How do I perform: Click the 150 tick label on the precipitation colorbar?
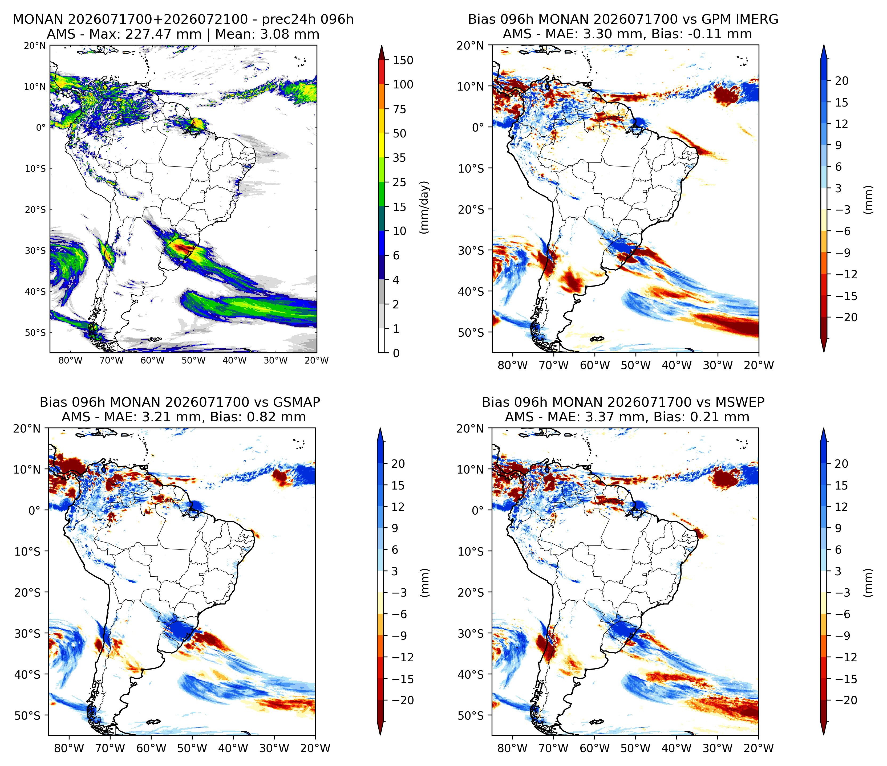(403, 60)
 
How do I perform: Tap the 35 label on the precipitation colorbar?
(399, 158)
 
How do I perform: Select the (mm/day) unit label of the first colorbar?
(424, 207)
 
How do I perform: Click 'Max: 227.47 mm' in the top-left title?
(163, 34)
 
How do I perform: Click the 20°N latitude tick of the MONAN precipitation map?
(35, 46)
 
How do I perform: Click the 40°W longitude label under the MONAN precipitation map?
(234, 360)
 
